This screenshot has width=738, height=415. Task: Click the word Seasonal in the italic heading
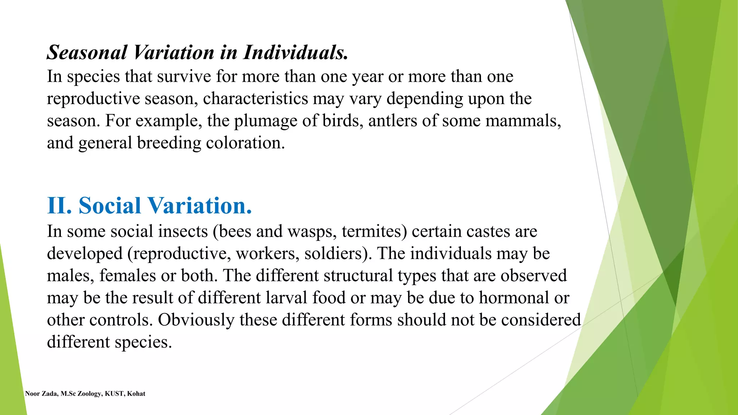[87, 53]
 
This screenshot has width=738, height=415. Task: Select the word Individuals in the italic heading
[295, 53]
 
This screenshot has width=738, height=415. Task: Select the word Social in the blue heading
[110, 206]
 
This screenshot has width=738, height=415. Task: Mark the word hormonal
[514, 298]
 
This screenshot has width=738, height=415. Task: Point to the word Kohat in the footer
[136, 394]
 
